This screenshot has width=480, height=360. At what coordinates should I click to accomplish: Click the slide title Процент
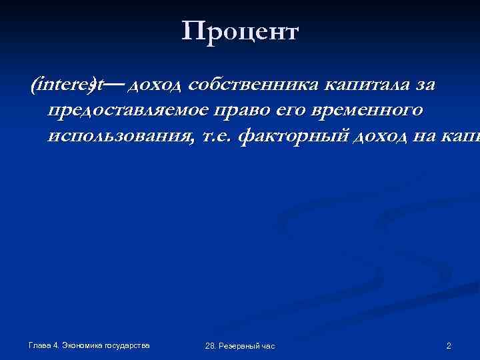[x=240, y=31]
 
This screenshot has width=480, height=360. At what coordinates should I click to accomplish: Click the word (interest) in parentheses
[x=67, y=85]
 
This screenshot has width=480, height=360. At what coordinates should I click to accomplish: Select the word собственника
[x=255, y=85]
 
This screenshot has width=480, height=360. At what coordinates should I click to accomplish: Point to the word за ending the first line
[x=425, y=85]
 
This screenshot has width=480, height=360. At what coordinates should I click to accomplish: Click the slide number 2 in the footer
[x=449, y=345]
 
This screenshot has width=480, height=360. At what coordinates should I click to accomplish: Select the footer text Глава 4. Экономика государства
[x=89, y=345]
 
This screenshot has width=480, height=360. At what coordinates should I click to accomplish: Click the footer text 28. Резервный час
[x=240, y=346]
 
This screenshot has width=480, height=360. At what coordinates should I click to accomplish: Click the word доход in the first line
[x=157, y=85]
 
